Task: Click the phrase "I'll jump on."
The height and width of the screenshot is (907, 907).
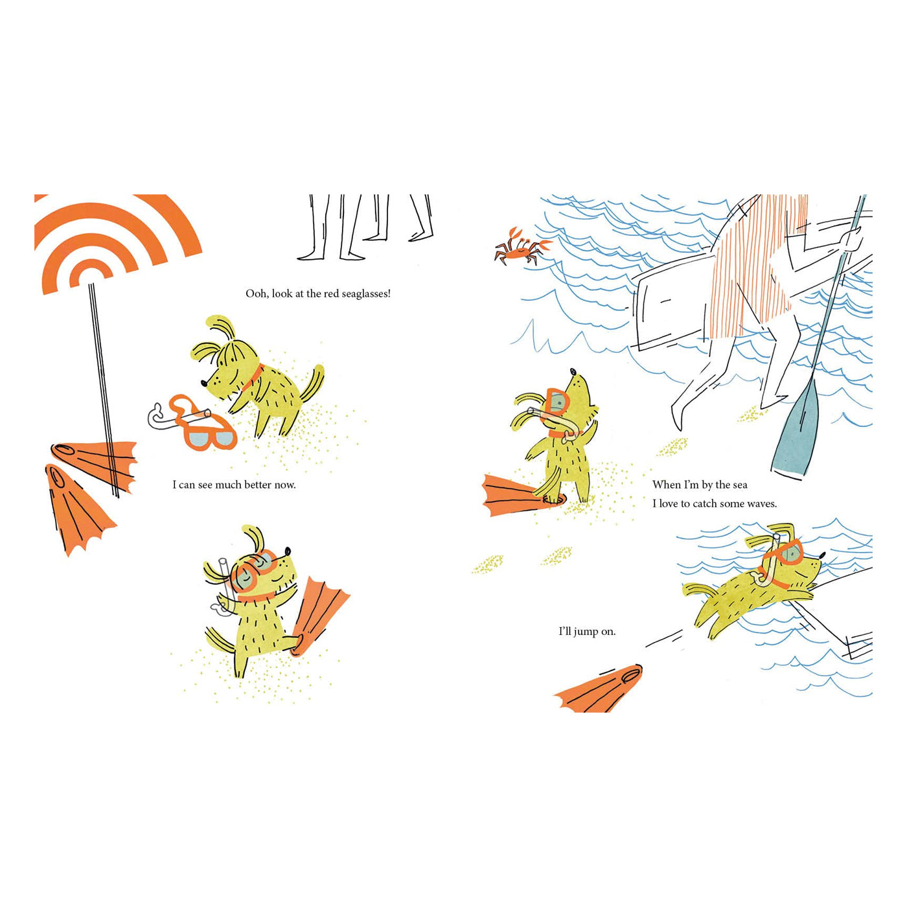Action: [x=587, y=632]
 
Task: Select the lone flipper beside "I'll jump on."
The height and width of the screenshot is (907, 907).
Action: [x=598, y=688]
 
